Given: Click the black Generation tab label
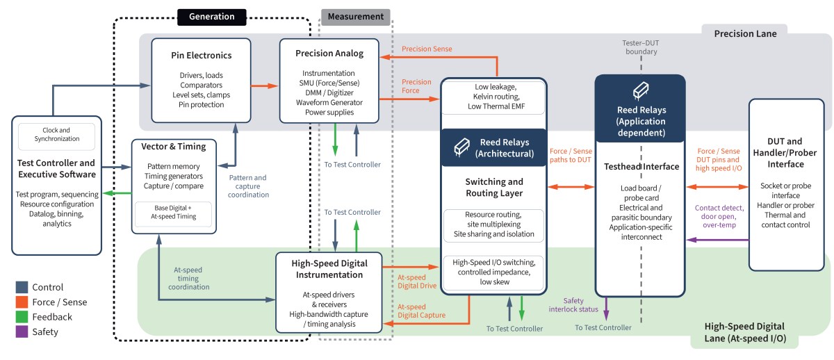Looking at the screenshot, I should pos(211,16).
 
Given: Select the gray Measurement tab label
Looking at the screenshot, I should pos(355,16).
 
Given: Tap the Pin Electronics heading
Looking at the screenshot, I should pos(201,55).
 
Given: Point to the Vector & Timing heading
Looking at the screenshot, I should pos(174,147).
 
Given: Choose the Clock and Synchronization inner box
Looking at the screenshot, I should pos(56,133).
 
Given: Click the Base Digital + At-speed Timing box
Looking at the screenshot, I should pos(174,212).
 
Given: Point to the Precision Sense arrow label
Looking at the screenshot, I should pos(427,49).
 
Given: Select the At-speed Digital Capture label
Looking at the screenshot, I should pos(420,311).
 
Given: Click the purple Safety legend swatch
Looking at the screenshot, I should pos(22,332).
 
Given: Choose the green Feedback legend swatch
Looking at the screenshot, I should pos(22,317).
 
